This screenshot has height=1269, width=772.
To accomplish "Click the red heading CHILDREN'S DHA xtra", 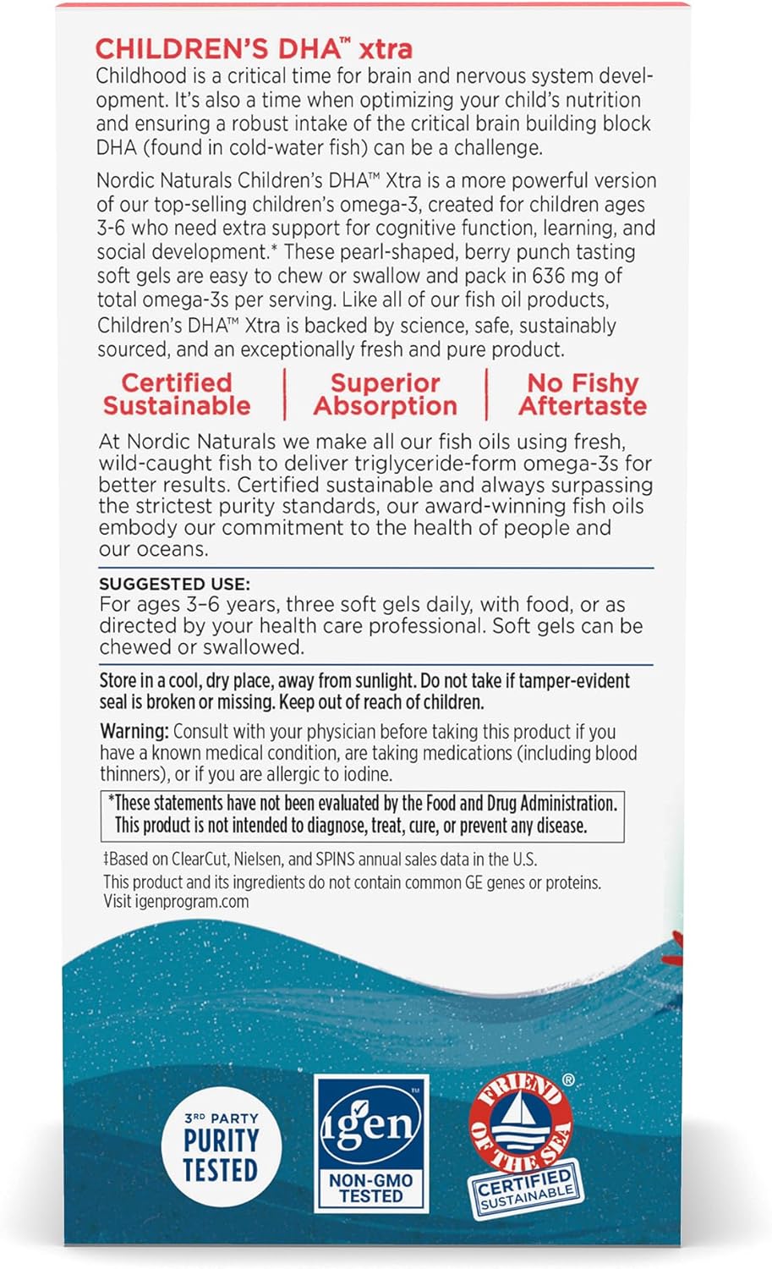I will [x=254, y=48].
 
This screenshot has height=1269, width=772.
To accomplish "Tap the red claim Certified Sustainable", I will [x=177, y=394].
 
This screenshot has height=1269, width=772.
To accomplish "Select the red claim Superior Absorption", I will [x=385, y=394].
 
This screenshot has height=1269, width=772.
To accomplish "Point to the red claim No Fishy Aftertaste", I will [x=583, y=394].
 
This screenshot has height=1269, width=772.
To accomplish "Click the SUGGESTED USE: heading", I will [x=174, y=584].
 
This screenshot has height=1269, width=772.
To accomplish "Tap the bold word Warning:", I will [x=134, y=732].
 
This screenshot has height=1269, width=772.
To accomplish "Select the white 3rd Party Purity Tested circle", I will [x=221, y=1147].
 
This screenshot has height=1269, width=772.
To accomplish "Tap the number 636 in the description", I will [x=555, y=276].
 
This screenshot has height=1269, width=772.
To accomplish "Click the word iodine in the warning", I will [x=368, y=774].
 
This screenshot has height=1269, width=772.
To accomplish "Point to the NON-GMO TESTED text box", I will [x=371, y=1188].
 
